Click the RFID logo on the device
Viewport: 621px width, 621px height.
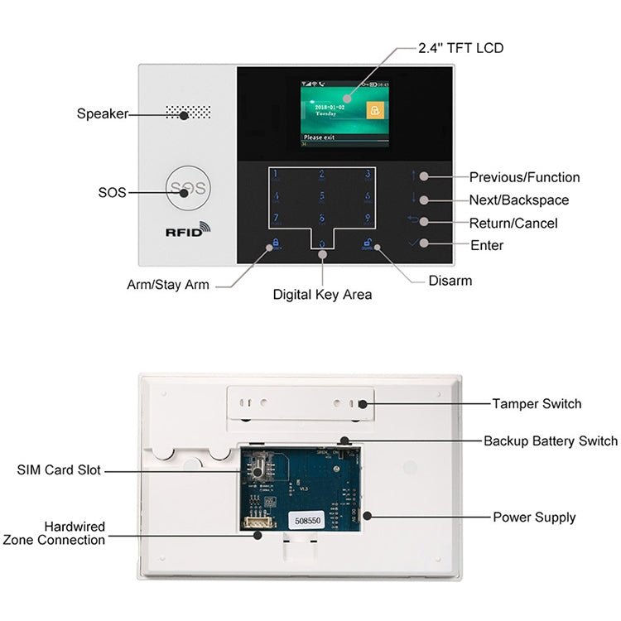pos(188,232)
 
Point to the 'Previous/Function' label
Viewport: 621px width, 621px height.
pos(524,177)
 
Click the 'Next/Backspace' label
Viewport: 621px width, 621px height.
pos(519,200)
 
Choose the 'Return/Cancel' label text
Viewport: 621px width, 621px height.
pos(513,224)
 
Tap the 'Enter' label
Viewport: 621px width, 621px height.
pos(487,246)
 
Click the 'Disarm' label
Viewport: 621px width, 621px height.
pos(450,281)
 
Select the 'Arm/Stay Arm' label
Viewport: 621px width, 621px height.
pos(168,285)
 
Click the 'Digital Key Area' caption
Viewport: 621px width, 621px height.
pos(322,295)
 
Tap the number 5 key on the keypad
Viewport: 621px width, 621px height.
pos(322,197)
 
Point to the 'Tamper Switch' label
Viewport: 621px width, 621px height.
pos(537,404)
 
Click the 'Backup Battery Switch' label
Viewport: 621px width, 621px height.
pos(551,441)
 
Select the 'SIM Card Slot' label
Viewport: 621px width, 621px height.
pos(59,470)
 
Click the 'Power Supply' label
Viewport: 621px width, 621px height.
pos(534,517)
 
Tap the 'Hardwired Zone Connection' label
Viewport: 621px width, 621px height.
pos(55,533)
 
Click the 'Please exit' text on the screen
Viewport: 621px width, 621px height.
pos(320,137)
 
